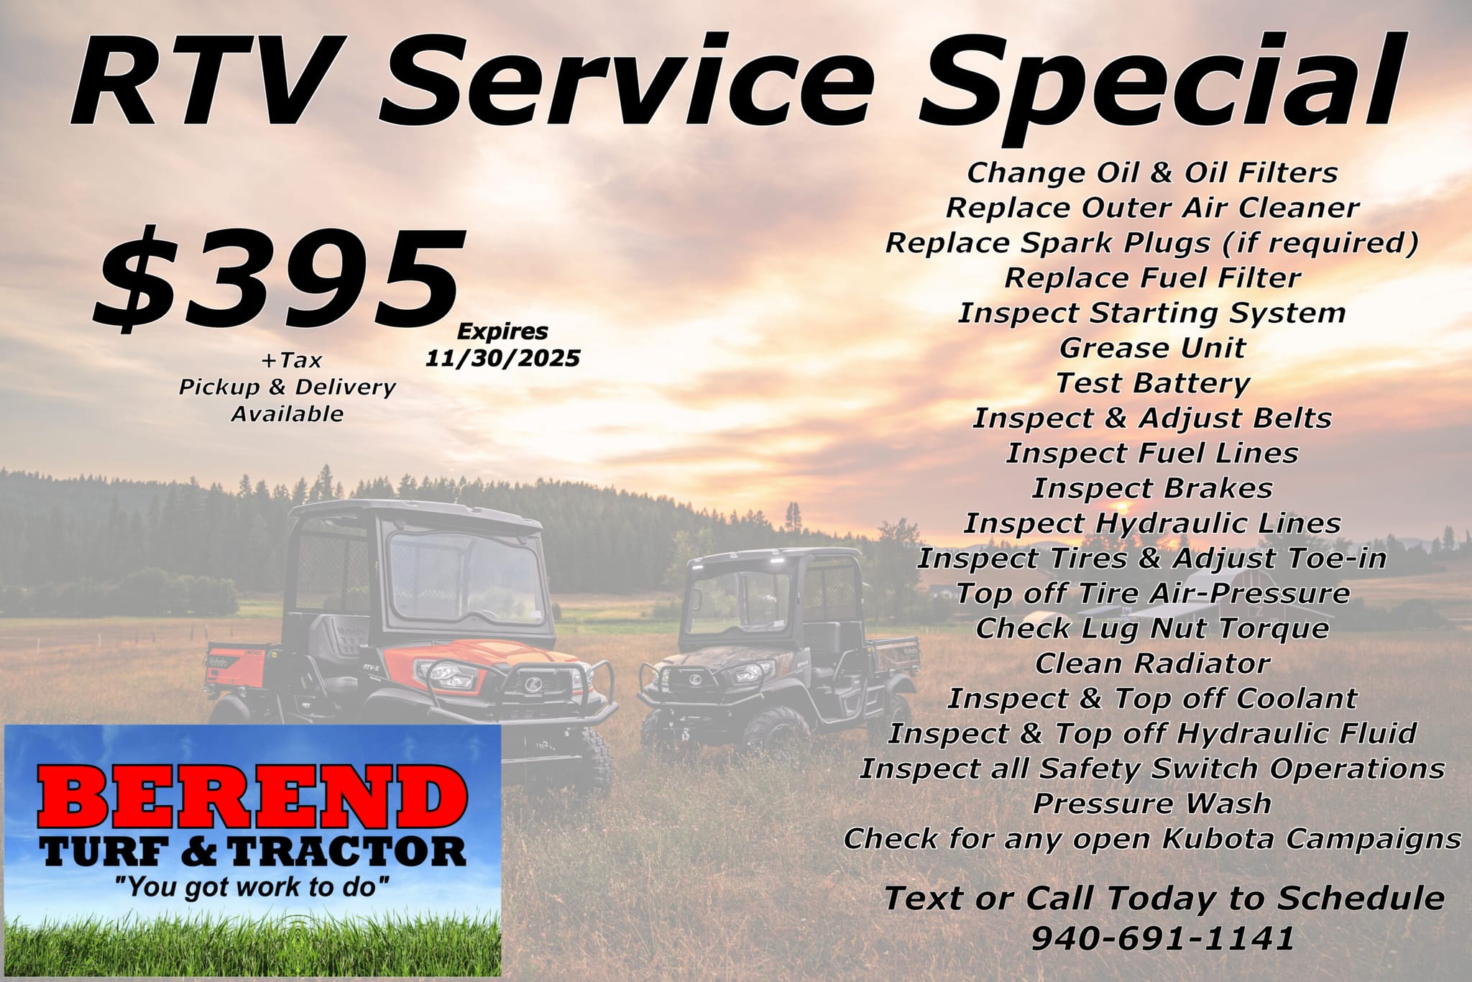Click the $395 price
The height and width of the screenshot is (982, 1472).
(x=277, y=277)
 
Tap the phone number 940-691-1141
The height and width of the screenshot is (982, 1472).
(x=1162, y=938)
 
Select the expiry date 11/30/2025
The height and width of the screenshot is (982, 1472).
(x=502, y=358)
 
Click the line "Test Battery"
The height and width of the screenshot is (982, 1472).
(x=1153, y=383)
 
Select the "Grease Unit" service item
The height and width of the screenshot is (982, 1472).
(x=1152, y=348)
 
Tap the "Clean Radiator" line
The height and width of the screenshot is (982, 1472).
(x=1153, y=663)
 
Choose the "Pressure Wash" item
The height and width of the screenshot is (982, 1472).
(x=1152, y=803)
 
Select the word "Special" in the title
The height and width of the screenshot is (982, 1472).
(x=1159, y=81)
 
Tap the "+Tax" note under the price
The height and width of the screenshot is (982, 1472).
(x=292, y=359)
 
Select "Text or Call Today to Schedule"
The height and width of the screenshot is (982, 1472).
(x=1164, y=899)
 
